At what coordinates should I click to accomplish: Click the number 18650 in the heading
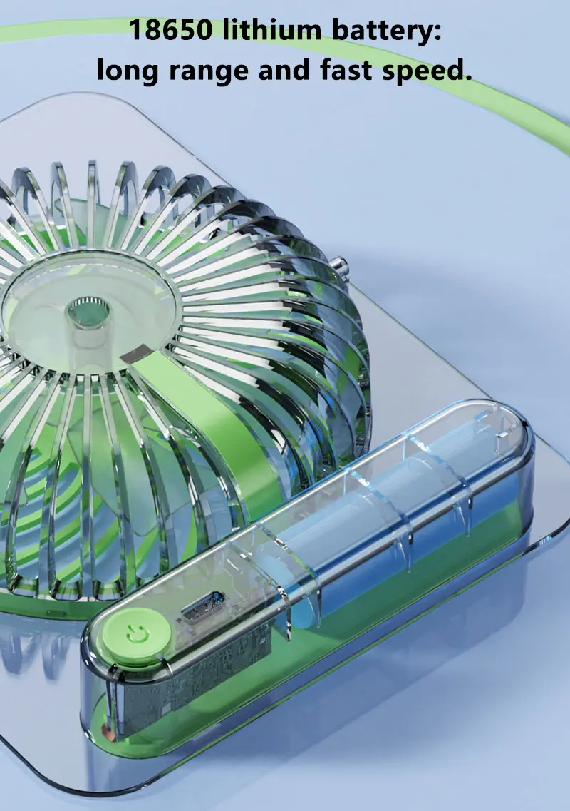click(170, 30)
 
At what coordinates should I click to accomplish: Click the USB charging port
click(202, 606)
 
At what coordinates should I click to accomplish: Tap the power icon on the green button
click(136, 633)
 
